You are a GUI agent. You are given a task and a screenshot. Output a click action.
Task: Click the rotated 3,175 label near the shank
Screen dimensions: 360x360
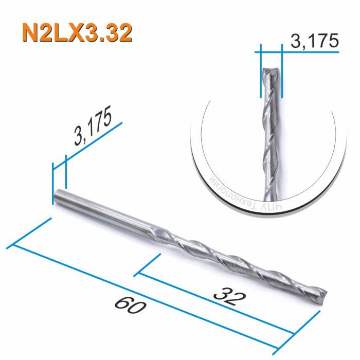click(x=93, y=129)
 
